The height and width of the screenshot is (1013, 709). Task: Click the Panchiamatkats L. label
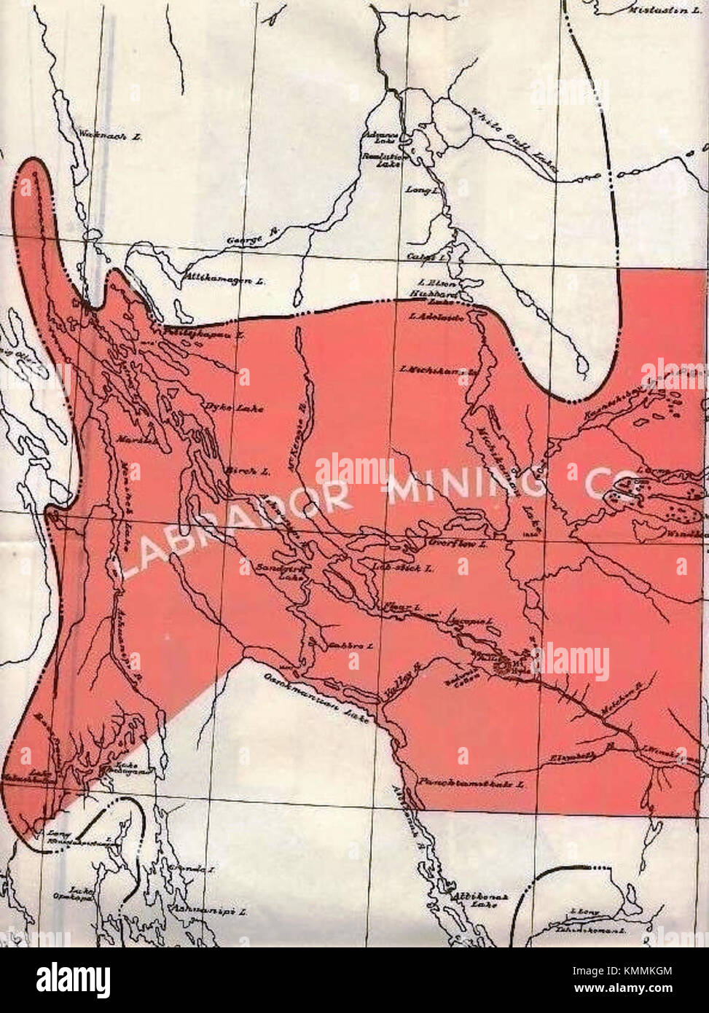(x=471, y=785)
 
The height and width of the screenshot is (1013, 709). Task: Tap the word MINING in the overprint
(x=466, y=483)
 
